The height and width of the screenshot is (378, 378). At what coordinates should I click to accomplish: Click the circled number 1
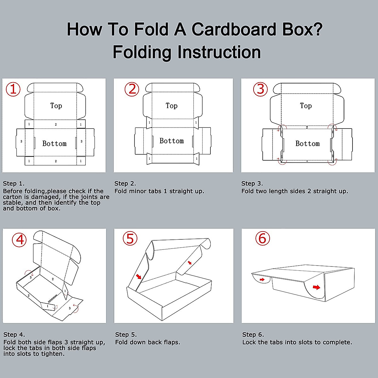tap(13, 89)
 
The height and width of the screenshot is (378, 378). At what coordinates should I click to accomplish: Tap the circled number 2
tap(132, 89)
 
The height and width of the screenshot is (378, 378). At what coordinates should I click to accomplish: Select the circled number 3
tap(260, 89)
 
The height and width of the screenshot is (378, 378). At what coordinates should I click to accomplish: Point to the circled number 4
tap(19, 240)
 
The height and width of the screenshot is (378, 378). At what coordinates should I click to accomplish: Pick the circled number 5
tap(130, 238)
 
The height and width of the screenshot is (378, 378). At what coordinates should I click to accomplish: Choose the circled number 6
tap(263, 238)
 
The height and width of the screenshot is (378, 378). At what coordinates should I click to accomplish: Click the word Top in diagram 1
tap(56, 106)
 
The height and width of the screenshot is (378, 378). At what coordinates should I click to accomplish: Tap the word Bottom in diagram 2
tap(172, 140)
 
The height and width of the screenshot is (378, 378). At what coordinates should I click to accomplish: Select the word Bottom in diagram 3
tap(307, 143)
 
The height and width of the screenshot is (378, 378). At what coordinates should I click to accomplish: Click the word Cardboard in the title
tap(234, 29)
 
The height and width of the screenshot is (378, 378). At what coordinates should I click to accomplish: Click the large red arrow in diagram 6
tap(316, 287)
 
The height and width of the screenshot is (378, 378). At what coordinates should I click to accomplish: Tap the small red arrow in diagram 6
tap(262, 279)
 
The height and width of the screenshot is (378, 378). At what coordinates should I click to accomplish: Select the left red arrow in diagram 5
tap(139, 276)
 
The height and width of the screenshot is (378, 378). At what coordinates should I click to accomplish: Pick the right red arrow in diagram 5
tap(190, 262)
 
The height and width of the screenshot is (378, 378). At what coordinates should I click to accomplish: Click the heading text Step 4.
tap(14, 335)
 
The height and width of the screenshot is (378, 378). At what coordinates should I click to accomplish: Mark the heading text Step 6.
tap(253, 335)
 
